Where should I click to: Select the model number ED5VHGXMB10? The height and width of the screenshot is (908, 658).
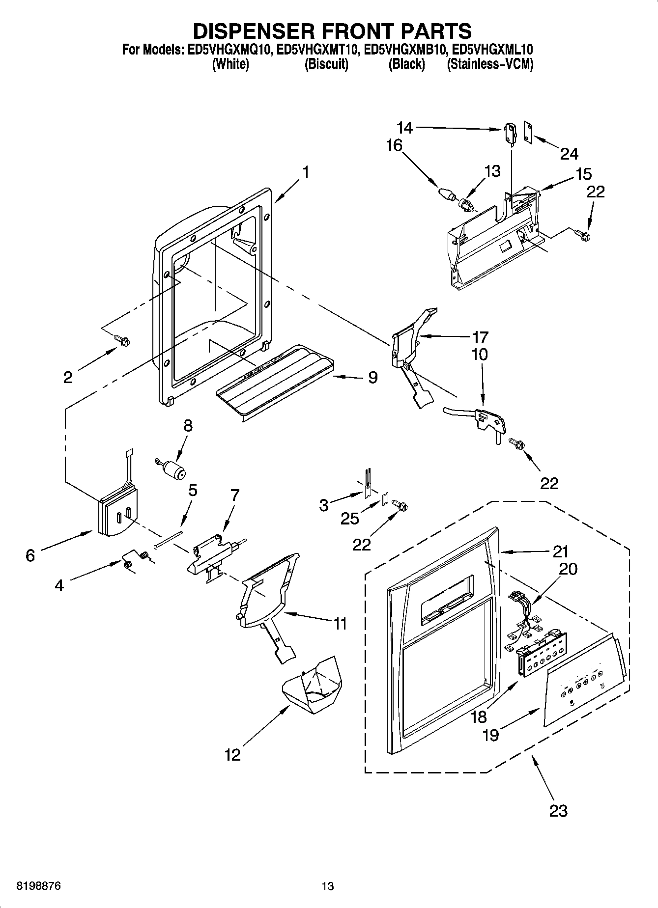407,50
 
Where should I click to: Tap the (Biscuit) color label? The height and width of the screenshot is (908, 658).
326,64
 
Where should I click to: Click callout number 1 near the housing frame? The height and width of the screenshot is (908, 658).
306,172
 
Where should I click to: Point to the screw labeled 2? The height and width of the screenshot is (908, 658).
121,340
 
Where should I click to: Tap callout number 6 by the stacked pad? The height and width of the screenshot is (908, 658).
30,555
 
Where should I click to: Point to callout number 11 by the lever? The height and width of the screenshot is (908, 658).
340,624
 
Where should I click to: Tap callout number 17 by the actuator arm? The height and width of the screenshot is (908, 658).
480,337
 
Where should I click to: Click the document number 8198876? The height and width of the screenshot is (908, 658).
39,886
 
